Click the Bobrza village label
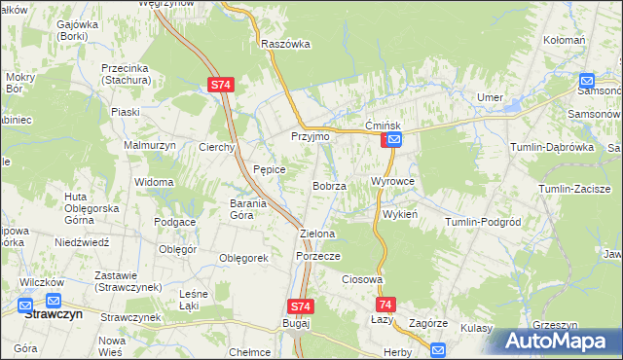coord(329,185)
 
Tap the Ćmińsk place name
coord(384,126)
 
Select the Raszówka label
coord(285,44)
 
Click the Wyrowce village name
coord(393,182)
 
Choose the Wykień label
coord(400,214)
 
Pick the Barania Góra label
coord(255,209)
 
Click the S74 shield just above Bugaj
coord(302,306)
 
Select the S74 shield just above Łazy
coord(386,304)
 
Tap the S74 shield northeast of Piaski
coord(221,86)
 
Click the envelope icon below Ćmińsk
coord(394,141)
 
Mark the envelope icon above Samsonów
coord(587,82)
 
